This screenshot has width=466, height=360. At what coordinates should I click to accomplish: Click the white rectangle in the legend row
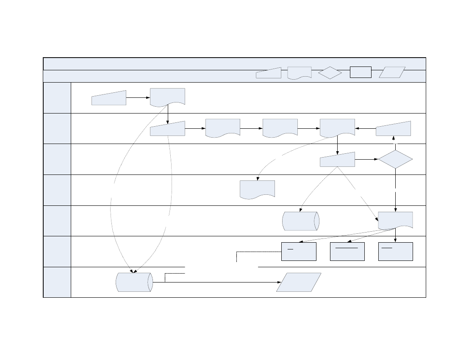coord(361,72)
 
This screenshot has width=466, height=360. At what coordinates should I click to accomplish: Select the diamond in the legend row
coord(330,73)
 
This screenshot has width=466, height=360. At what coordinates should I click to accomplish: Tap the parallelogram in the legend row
coord(392,72)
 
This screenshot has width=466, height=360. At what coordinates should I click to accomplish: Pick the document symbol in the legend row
coord(299,72)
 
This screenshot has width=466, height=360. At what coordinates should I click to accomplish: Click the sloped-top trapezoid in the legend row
coord(269,73)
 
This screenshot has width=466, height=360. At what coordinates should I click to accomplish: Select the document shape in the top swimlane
coord(167,97)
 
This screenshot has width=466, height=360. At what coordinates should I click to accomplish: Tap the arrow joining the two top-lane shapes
coord(138,97)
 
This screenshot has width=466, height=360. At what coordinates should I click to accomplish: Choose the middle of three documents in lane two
coord(280,127)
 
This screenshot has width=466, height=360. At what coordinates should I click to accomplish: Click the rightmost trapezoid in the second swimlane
coord(393,129)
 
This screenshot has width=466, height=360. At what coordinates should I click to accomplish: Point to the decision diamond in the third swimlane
coord(395,159)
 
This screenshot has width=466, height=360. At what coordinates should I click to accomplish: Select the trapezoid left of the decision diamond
coord(337,160)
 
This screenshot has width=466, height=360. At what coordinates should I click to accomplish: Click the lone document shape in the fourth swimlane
coord(257,188)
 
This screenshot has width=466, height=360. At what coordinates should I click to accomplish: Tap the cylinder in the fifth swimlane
coord(300,221)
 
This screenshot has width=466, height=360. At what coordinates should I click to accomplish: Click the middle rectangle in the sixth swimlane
coord(347,252)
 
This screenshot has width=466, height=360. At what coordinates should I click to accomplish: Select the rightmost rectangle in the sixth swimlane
coord(395,252)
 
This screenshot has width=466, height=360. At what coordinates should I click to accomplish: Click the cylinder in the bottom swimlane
coord(134,282)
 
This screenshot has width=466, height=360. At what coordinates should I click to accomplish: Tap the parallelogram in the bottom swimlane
coord(299,282)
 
